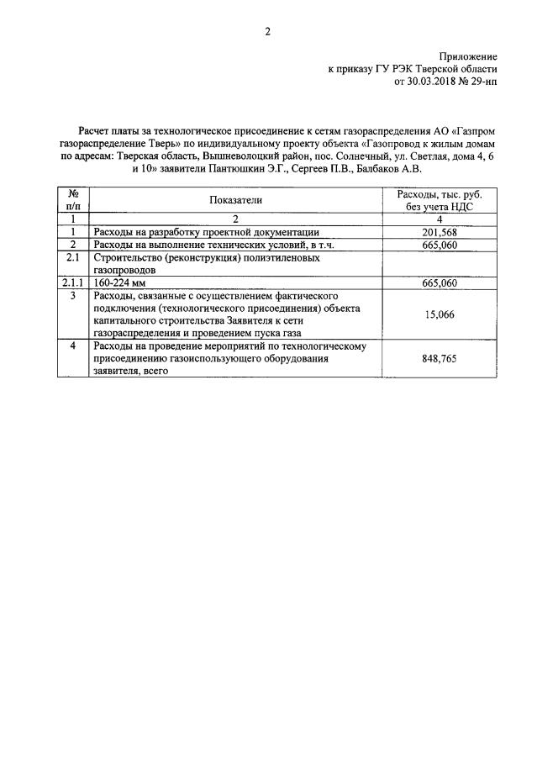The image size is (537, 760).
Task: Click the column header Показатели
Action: (x=236, y=199)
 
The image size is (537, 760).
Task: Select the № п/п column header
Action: (x=73, y=199)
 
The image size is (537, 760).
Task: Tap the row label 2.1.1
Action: (x=73, y=283)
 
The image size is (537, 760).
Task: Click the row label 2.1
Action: (x=73, y=258)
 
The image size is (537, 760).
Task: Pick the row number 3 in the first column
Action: (x=73, y=296)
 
